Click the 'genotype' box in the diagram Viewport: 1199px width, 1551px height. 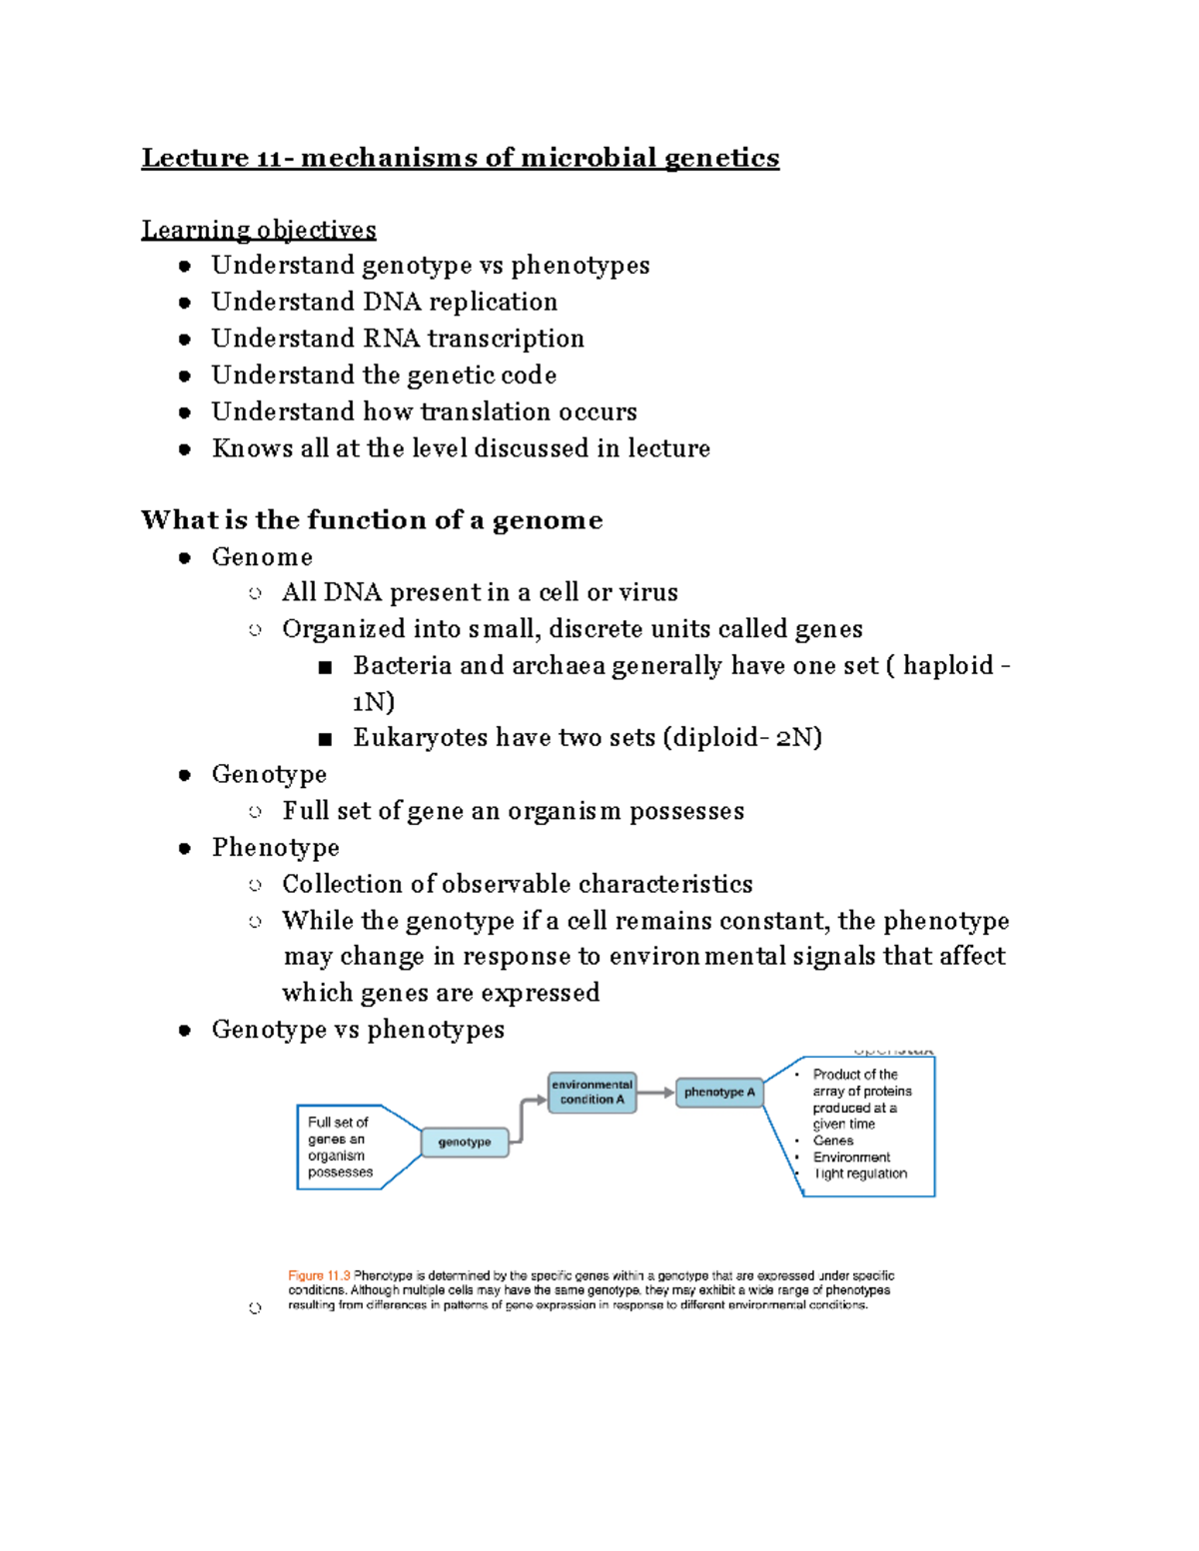(x=465, y=1142)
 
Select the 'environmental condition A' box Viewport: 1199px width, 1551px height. (x=593, y=1092)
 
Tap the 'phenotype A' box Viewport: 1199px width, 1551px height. (x=719, y=1092)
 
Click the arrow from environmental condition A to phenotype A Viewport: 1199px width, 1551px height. (x=655, y=1093)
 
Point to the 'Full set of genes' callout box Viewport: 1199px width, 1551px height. (x=340, y=1147)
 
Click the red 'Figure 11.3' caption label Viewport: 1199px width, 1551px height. (x=319, y=1275)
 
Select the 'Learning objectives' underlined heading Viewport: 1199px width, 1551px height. (x=259, y=230)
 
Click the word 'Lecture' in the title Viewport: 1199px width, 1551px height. (x=195, y=158)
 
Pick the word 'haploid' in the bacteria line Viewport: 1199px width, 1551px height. (x=948, y=665)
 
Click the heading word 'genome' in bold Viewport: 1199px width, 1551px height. (x=548, y=520)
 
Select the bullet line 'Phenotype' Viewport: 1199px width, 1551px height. (x=276, y=848)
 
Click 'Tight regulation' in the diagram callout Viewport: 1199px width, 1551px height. (x=860, y=1173)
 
